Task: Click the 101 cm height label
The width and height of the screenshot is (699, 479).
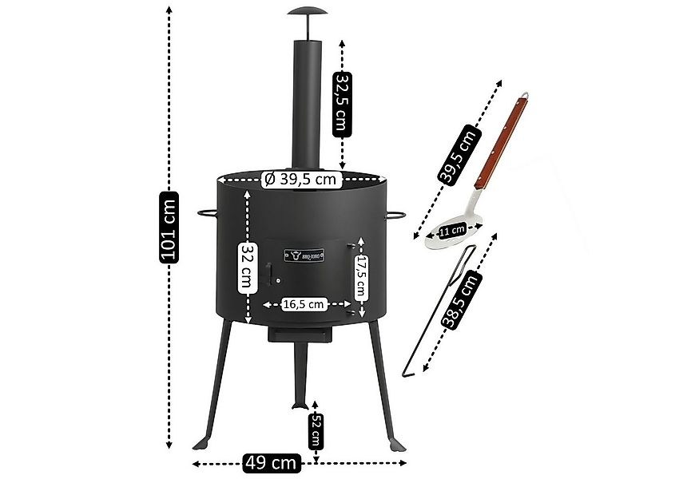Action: coord(169,227)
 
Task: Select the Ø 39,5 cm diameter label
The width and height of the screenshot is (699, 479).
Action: coord(302,180)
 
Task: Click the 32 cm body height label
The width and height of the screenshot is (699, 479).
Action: coord(249,267)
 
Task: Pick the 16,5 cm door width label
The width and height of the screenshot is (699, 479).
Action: coord(304,303)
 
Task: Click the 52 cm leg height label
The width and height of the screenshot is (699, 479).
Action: coord(316,433)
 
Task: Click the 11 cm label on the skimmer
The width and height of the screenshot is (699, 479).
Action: coord(452,231)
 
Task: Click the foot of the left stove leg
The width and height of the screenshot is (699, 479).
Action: coord(201,444)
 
